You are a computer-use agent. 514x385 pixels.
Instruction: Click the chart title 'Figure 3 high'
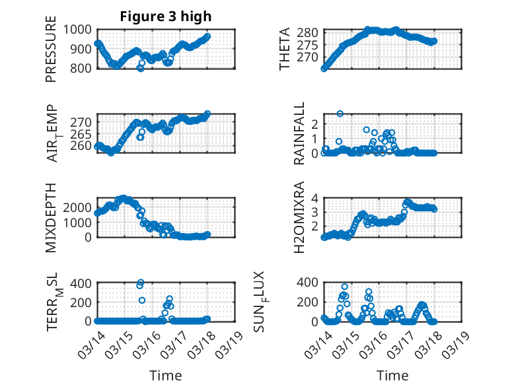(x=166, y=17)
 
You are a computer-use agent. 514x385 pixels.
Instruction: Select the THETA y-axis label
(x=285, y=49)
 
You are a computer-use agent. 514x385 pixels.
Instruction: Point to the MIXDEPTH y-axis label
(x=51, y=217)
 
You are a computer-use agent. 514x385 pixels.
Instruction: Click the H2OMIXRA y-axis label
(x=299, y=217)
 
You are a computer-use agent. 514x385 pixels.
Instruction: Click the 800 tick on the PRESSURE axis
(x=81, y=68)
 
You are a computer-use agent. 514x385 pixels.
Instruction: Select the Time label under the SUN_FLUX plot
(x=392, y=376)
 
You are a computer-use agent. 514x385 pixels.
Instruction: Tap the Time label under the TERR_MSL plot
(x=166, y=376)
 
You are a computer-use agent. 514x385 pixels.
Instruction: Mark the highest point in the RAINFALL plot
(x=340, y=114)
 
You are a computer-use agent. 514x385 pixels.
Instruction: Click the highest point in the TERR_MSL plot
(x=141, y=282)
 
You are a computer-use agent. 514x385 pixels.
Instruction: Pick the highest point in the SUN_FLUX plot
(x=344, y=287)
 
